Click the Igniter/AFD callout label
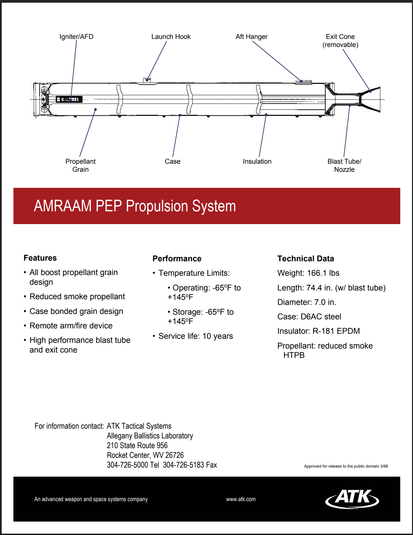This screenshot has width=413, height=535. [x=76, y=37]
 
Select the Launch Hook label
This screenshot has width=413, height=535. [x=171, y=37]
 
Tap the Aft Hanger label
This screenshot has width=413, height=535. [x=251, y=37]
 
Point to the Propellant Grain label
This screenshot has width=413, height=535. [x=81, y=165]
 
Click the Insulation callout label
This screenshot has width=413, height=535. [x=257, y=161]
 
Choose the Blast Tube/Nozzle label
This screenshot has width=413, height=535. [x=344, y=165]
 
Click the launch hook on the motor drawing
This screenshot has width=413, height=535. [x=147, y=80]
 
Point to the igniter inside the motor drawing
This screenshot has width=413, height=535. [x=69, y=99]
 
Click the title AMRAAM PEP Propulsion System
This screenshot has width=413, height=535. [x=135, y=206]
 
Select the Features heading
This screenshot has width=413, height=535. [x=40, y=258]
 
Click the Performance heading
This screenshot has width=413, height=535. [x=177, y=259]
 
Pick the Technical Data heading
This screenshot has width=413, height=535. [x=305, y=259]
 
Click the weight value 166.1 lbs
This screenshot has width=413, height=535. [x=323, y=273]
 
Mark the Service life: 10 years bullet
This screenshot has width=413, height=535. [x=196, y=336]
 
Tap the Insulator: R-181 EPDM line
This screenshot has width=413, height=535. [x=318, y=331]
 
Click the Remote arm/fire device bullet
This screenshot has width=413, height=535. [x=71, y=326]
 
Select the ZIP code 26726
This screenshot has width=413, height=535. [x=174, y=455]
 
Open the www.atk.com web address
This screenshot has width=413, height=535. [x=241, y=499]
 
